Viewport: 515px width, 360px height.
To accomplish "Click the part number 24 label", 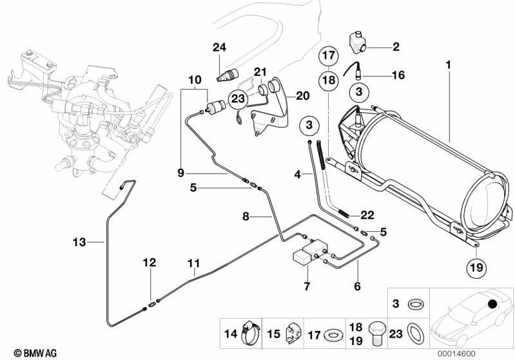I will pyautogui.click(x=220, y=47).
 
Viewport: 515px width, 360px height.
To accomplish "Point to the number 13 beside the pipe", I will pyautogui.click(x=79, y=242).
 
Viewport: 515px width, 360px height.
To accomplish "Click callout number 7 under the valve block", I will pyautogui.click(x=307, y=286).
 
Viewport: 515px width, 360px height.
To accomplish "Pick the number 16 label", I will pyautogui.click(x=398, y=75).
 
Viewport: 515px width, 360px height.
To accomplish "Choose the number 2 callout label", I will pyautogui.click(x=396, y=46).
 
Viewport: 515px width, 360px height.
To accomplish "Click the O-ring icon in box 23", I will pyautogui.click(x=414, y=333).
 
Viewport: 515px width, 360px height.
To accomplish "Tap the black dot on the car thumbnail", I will pyautogui.click(x=493, y=303).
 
